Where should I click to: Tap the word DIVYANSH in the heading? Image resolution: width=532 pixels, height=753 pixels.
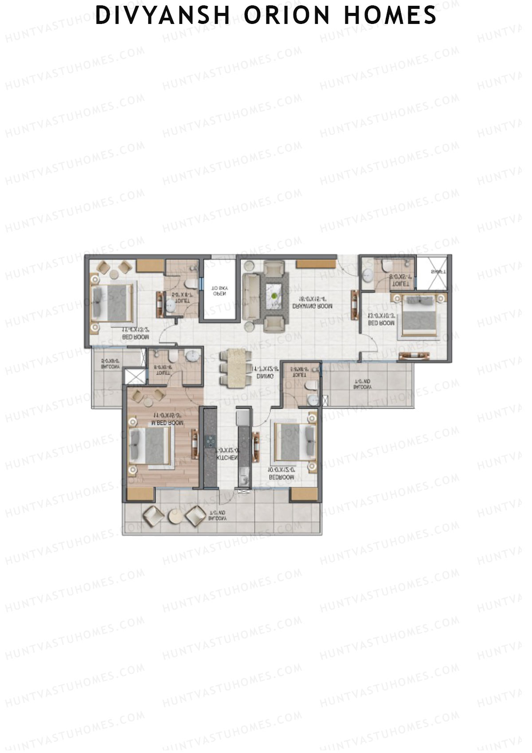163,15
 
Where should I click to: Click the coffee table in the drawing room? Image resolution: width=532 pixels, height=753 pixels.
275,294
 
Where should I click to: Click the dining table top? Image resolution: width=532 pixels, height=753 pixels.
237,369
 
